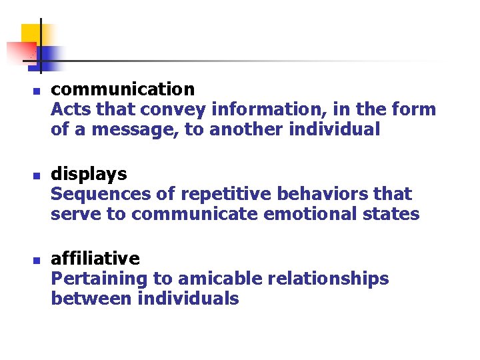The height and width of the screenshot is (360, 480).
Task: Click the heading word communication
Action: click(123, 89)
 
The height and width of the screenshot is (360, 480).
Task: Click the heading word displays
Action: click(89, 174)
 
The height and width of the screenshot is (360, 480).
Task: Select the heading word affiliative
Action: click(95, 258)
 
